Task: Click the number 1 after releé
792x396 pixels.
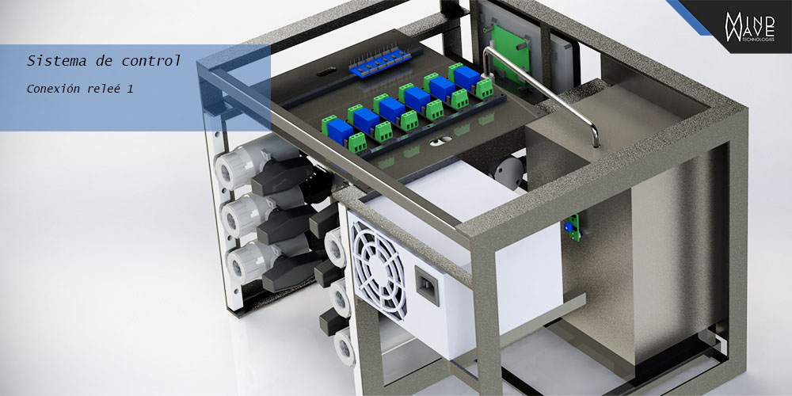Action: pyautogui.click(x=130, y=89)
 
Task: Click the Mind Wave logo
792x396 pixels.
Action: pyautogui.click(x=749, y=27)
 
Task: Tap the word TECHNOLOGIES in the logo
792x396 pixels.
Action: pyautogui.click(x=760, y=40)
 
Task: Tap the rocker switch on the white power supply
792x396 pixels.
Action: pyautogui.click(x=427, y=285)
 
